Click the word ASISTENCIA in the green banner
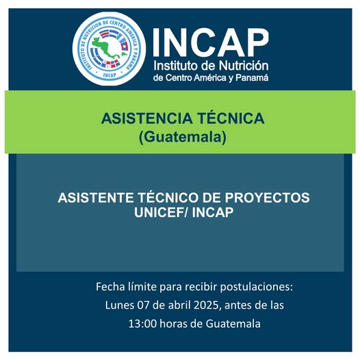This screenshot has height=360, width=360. pyautogui.click(x=144, y=118)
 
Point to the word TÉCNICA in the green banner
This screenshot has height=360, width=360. pyautogui.click(x=227, y=118)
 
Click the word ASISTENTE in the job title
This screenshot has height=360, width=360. pyautogui.click(x=94, y=198)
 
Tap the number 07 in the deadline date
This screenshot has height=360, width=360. pyautogui.click(x=147, y=304)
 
